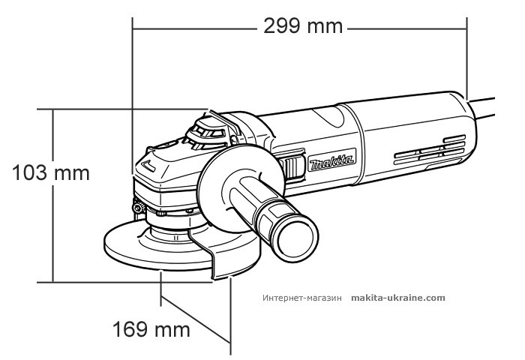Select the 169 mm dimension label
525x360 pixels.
(x=151, y=329)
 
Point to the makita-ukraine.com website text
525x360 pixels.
(x=397, y=298)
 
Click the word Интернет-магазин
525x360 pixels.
(x=302, y=298)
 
